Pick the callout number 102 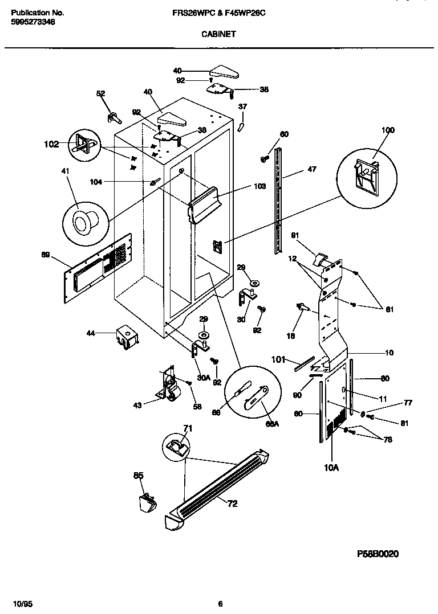pyautogui.click(x=51, y=144)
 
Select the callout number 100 pyautogui.click(x=387, y=130)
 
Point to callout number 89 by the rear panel pyautogui.click(x=46, y=255)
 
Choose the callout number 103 pyautogui.click(x=261, y=186)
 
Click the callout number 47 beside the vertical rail pyautogui.click(x=311, y=169)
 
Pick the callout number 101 pyautogui.click(x=278, y=359)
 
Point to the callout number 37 pyautogui.click(x=242, y=107)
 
